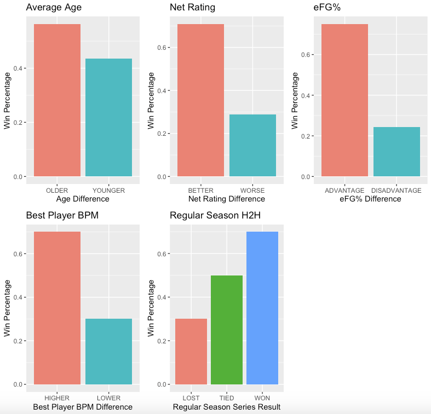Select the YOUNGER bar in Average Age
pos(108,117)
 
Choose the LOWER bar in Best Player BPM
pos(108,351)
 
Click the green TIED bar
pos(227,330)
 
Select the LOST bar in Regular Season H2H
pos(191,351)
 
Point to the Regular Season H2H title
pos(215,215)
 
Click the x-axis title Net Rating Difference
pos(226,199)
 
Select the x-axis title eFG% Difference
pos(370,199)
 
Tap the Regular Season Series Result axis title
pos(226,407)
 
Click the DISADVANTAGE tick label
pos(396,191)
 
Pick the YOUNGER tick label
pos(108,191)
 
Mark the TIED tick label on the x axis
pos(227,398)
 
